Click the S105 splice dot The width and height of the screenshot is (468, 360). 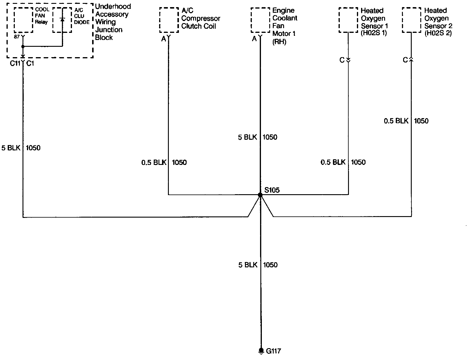260,195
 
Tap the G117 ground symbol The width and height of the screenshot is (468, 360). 261,351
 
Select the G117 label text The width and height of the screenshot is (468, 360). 273,351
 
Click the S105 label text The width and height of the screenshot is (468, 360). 272,190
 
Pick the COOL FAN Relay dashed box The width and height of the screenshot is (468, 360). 23,20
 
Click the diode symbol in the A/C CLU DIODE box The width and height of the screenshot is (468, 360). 62,20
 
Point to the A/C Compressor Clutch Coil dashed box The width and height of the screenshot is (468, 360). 169,20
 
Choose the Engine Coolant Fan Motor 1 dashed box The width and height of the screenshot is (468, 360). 260,20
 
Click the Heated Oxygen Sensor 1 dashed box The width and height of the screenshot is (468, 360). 348,20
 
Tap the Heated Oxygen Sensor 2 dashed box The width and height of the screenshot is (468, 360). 411,20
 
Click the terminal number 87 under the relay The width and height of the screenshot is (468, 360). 17,37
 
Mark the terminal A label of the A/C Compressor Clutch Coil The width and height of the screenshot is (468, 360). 164,39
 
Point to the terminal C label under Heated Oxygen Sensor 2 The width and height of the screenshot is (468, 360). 405,60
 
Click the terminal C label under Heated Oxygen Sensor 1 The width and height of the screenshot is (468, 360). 342,60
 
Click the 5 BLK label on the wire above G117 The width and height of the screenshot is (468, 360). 248,265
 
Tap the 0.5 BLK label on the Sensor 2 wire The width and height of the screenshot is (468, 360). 396,121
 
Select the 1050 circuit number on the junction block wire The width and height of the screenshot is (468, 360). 33,148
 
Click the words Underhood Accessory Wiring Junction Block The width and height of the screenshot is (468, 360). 113,22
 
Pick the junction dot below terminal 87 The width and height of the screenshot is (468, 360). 23,46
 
